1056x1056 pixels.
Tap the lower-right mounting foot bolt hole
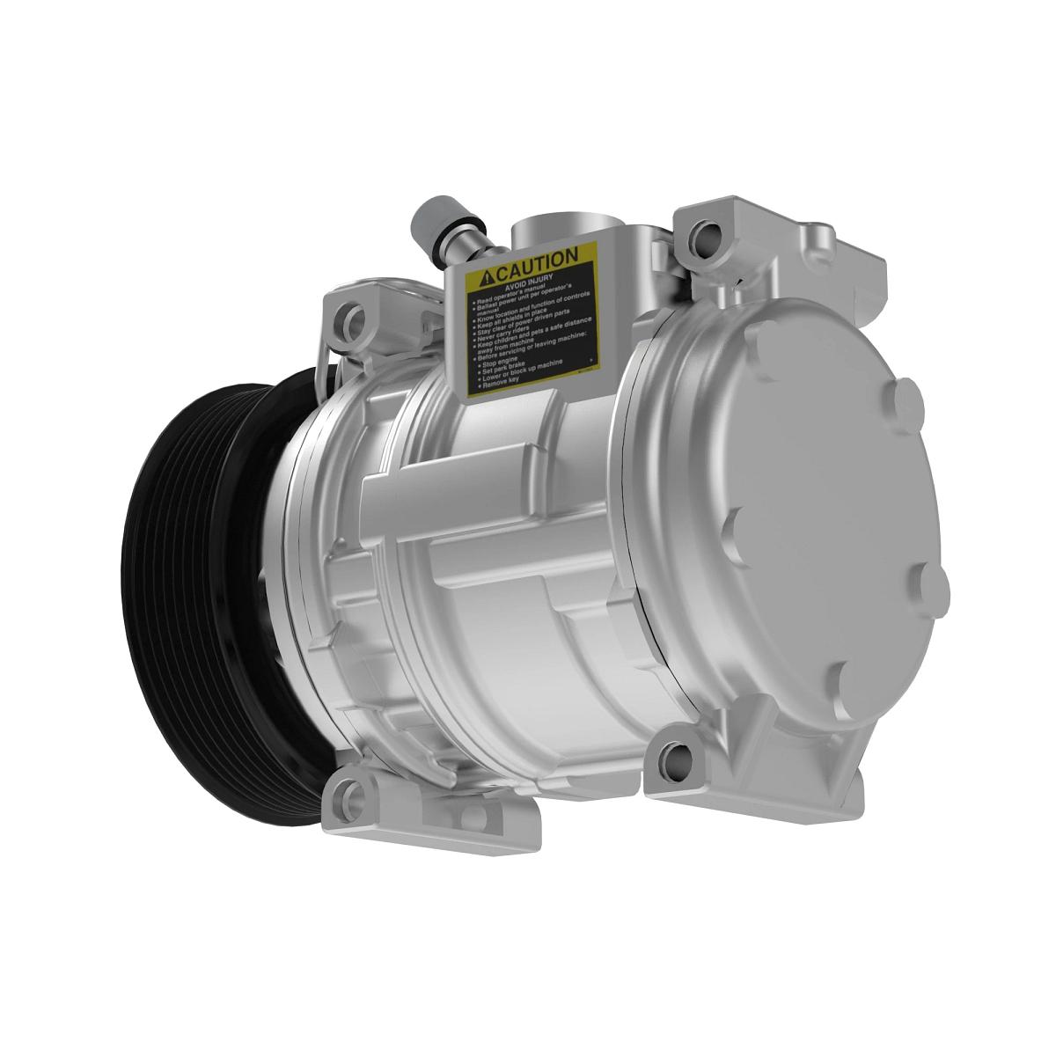click(677, 758)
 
